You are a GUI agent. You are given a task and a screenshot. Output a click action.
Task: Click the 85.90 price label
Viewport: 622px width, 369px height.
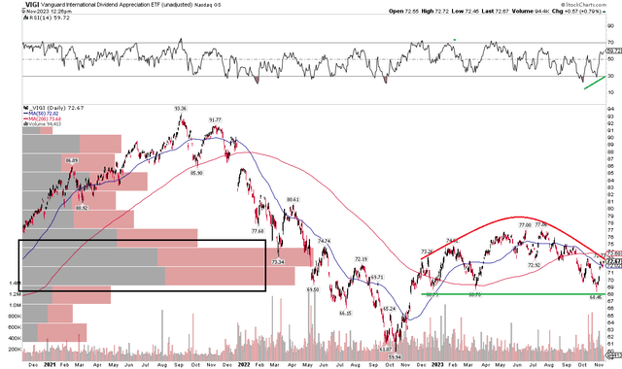tap(197, 173)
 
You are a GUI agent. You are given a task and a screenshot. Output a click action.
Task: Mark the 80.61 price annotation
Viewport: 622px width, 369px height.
tap(292, 199)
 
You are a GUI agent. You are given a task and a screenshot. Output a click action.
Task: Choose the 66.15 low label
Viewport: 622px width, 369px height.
tap(344, 314)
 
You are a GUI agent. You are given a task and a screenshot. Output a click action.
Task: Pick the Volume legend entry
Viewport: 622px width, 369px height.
tap(23, 126)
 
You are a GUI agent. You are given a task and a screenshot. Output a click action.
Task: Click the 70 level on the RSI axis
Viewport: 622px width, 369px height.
tap(609, 43)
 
